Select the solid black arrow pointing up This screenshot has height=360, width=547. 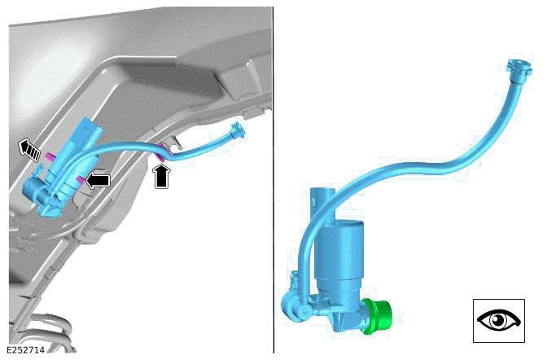click(164, 174)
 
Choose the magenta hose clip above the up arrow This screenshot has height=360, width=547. click(160, 149)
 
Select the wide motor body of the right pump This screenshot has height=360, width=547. click(340, 261)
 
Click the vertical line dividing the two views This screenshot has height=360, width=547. click(273, 179)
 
